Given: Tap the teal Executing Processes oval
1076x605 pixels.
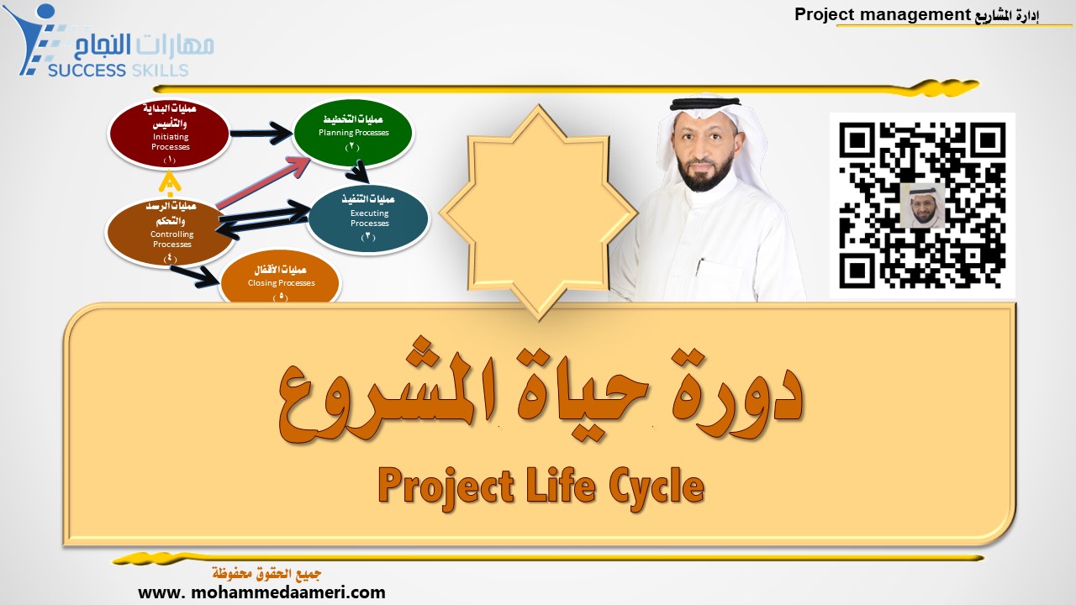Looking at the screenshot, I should pos(368,218).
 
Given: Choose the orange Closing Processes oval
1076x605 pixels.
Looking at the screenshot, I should pos(280,281).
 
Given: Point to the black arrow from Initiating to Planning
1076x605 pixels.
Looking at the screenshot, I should pos(261,132).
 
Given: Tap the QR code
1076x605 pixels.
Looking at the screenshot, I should pos(922,205).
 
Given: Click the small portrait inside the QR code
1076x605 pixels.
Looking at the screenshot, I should pos(922,205).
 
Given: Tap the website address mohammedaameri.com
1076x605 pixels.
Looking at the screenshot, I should pos(261,592).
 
